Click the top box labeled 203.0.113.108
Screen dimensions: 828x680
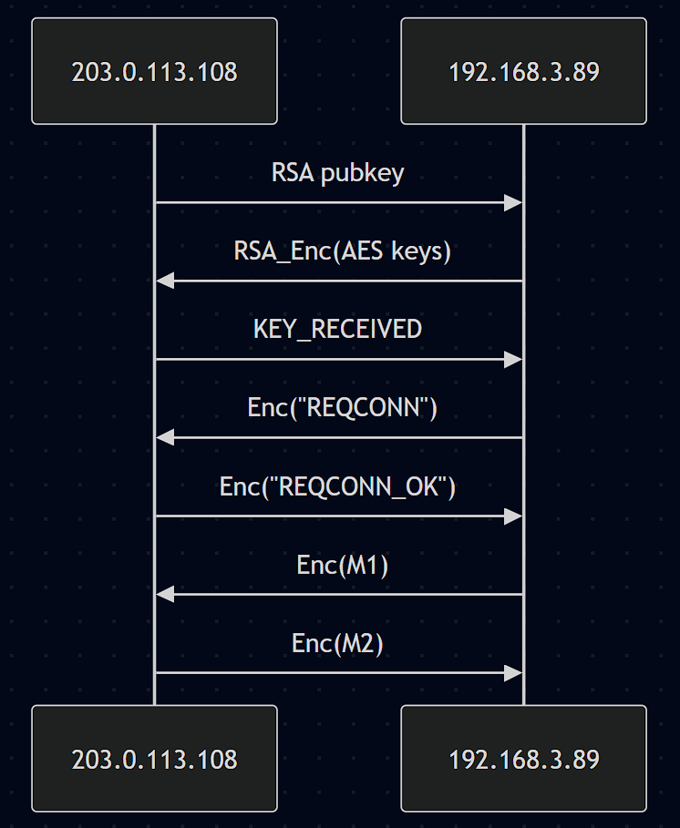click(154, 71)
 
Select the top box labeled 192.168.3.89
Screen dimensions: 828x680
click(523, 71)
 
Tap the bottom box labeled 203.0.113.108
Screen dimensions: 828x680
click(154, 758)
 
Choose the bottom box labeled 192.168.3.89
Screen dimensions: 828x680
click(523, 758)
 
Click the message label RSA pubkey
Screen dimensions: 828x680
click(338, 173)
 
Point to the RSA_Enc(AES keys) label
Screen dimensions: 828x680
click(342, 251)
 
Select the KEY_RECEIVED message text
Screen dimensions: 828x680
click(338, 330)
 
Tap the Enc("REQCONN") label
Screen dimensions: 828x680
click(342, 408)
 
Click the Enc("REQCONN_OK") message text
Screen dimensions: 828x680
click(338, 486)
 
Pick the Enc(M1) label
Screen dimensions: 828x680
click(342, 565)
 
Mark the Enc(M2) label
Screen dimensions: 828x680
click(338, 643)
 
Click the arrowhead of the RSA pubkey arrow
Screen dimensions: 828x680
click(514, 202)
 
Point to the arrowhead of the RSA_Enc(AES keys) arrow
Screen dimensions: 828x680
click(164, 281)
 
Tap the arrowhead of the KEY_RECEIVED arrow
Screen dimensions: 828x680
click(514, 360)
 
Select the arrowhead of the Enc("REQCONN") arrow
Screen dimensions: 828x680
click(164, 438)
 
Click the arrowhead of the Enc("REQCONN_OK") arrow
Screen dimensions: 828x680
click(514, 516)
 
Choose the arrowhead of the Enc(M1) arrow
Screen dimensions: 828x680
click(164, 595)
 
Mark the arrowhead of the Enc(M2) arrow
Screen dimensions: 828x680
click(514, 673)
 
